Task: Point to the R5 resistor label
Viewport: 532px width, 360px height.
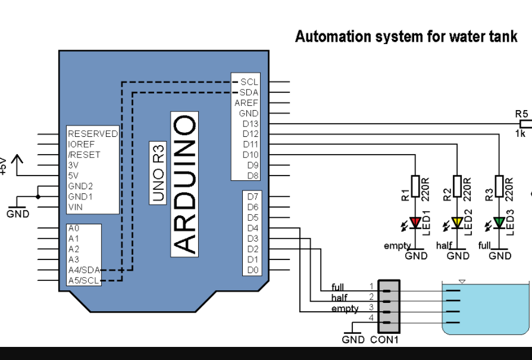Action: click(521, 113)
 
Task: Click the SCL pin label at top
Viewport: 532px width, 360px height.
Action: click(249, 82)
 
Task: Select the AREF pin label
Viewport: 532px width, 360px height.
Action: click(246, 103)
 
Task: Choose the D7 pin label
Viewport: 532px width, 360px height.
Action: click(252, 196)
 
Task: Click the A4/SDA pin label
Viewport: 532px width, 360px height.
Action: click(84, 270)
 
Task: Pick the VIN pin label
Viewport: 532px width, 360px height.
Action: click(76, 207)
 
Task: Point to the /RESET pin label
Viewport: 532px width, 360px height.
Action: click(84, 155)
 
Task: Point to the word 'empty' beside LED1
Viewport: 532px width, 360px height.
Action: click(398, 246)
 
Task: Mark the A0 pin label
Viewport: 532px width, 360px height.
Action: click(74, 228)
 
